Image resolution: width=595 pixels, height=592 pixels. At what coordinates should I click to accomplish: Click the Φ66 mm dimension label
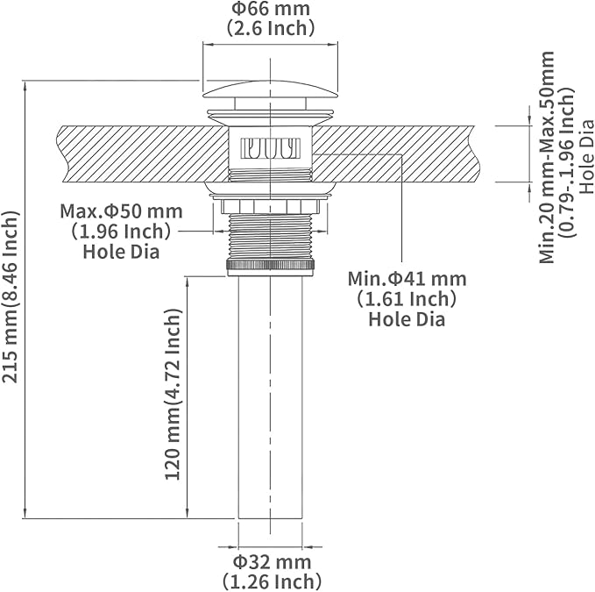click(x=271, y=9)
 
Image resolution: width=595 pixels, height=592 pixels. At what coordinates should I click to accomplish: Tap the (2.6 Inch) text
click(x=271, y=28)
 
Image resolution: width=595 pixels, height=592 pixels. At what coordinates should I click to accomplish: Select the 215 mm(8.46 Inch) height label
click(x=11, y=296)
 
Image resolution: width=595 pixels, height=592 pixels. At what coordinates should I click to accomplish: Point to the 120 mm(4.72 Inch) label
click(x=173, y=394)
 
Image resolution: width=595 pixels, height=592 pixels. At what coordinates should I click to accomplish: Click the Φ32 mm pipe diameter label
click(x=272, y=562)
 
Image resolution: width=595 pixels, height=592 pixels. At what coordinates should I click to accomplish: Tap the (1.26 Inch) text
click(x=272, y=581)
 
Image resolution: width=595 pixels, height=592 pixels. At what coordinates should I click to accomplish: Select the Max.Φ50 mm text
click(x=122, y=211)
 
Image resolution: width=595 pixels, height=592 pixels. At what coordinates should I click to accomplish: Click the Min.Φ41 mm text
click(x=407, y=279)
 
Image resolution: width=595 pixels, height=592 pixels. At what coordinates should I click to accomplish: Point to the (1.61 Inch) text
click(x=407, y=299)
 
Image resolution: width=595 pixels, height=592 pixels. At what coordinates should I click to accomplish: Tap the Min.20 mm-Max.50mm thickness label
click(x=547, y=157)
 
